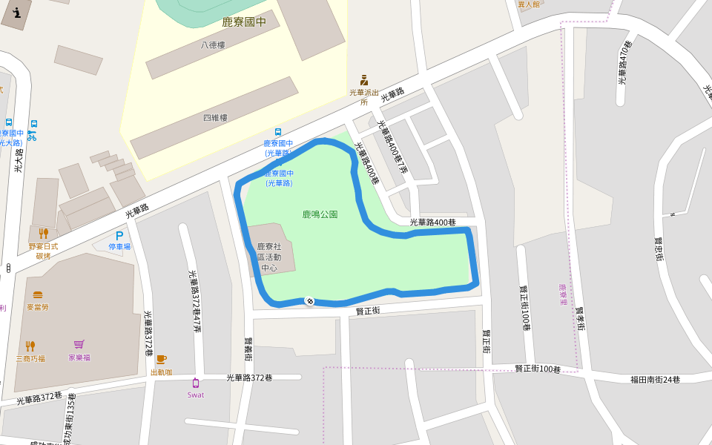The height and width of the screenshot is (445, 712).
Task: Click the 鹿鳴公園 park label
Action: pyautogui.click(x=320, y=214)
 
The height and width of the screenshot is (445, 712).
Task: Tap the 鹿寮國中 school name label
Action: pyautogui.click(x=244, y=22)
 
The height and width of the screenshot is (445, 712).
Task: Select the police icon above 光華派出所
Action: pyautogui.click(x=363, y=80)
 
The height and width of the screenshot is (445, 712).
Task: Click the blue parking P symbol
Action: pyautogui.click(x=119, y=236)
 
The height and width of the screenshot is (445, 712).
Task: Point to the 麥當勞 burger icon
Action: pyautogui.click(x=38, y=295)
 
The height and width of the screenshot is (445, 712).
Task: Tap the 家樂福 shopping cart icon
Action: pyautogui.click(x=79, y=345)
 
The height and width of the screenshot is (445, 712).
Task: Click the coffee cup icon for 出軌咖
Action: pyautogui.click(x=161, y=360)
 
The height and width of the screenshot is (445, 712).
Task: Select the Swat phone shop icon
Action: pyautogui.click(x=195, y=383)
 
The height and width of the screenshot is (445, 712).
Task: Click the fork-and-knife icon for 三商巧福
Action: pyautogui.click(x=30, y=346)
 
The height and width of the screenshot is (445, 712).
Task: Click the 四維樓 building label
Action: pyautogui.click(x=215, y=118)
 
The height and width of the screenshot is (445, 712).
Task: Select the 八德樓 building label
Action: pyautogui.click(x=213, y=45)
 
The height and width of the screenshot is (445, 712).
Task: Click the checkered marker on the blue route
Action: pyautogui.click(x=309, y=300)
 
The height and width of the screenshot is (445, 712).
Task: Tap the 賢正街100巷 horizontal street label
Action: pyautogui.click(x=538, y=369)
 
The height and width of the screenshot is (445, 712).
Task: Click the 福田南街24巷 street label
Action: pyautogui.click(x=655, y=380)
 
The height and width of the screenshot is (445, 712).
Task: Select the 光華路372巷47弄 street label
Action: pyautogui.click(x=195, y=301)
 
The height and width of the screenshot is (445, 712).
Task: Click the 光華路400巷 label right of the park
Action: pyautogui.click(x=432, y=222)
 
